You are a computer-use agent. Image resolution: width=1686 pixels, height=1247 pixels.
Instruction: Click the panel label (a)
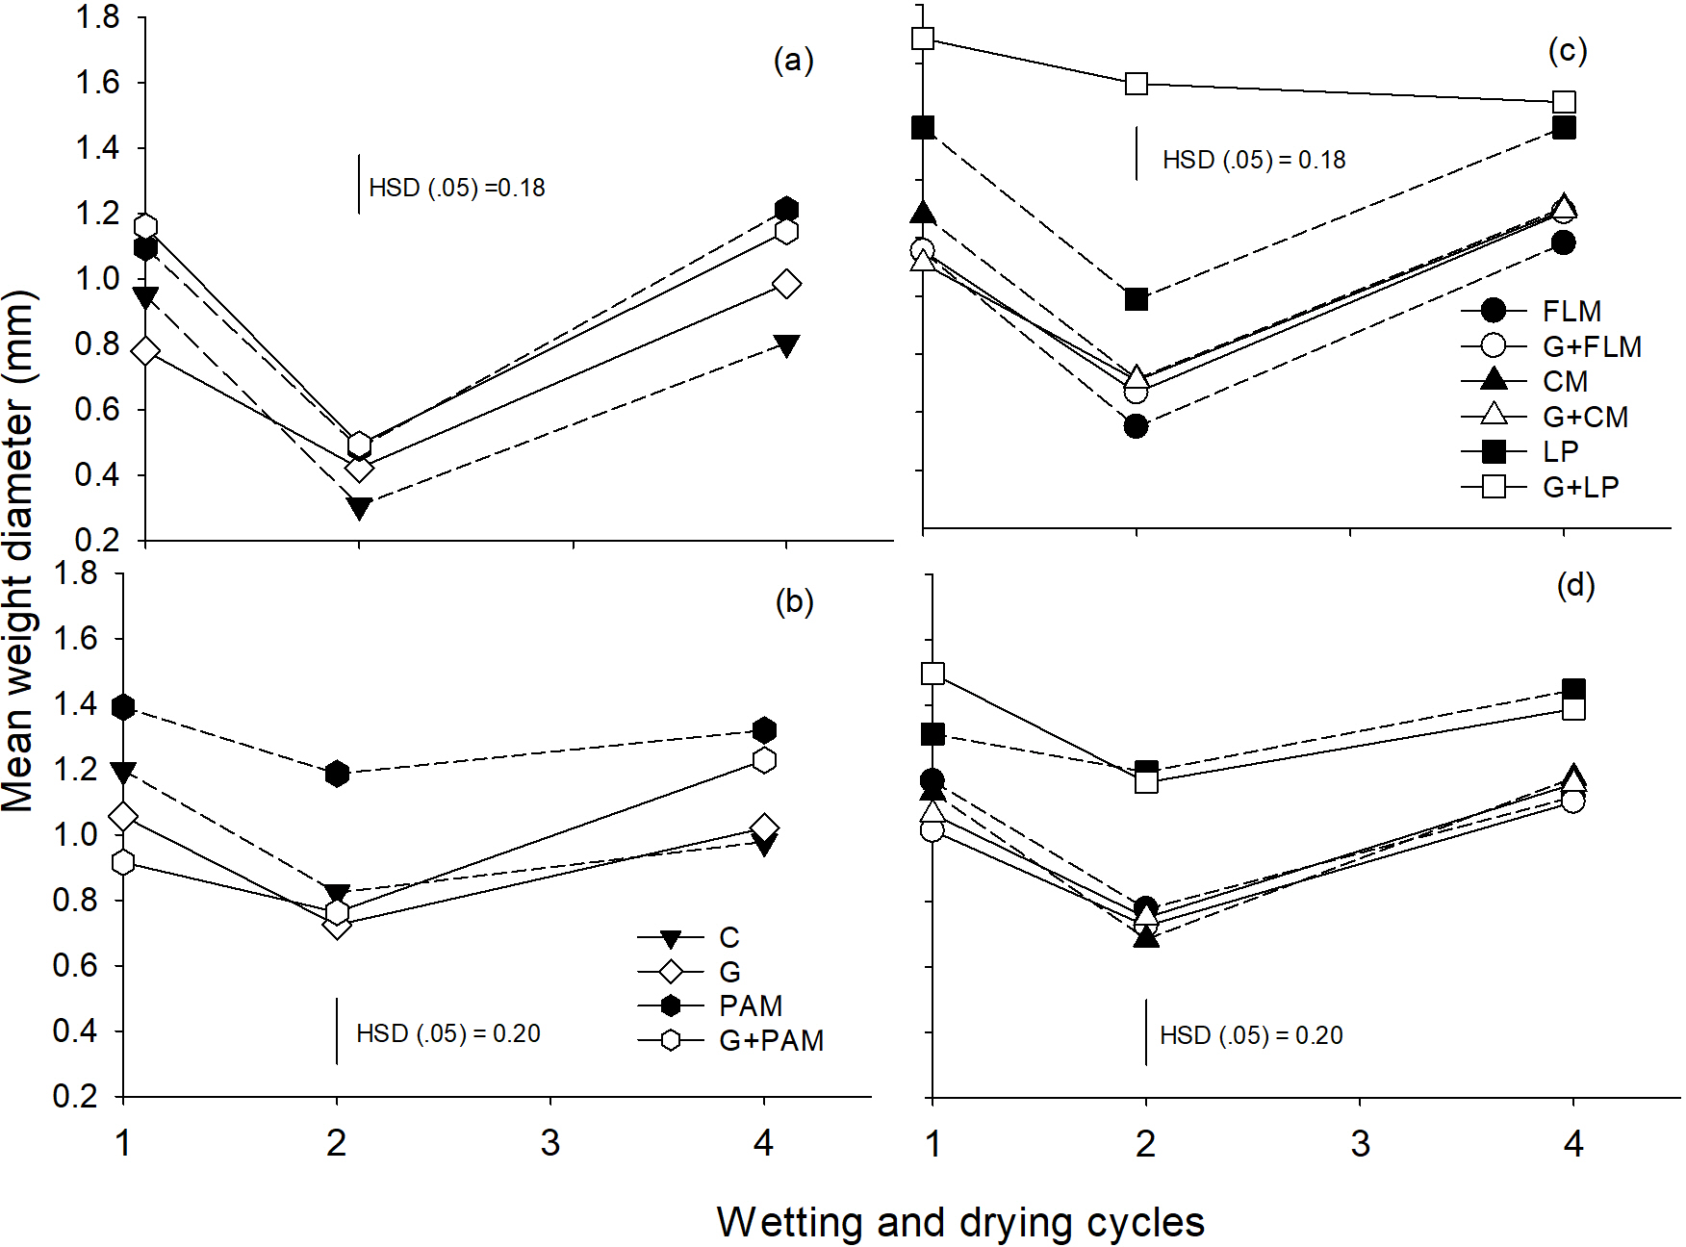(794, 61)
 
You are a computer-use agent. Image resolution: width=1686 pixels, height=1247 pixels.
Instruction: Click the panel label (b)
(794, 601)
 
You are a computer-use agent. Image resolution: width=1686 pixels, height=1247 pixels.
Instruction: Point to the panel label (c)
(1568, 50)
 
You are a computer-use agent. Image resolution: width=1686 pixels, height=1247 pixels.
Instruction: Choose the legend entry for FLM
(1571, 311)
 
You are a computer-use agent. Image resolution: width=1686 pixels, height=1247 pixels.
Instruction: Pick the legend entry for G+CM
(1585, 417)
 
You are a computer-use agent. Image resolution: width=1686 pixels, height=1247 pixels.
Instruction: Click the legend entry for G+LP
(1580, 487)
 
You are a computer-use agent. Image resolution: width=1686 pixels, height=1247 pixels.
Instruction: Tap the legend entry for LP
(1560, 451)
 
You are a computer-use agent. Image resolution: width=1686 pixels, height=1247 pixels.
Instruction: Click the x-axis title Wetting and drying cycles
(960, 1222)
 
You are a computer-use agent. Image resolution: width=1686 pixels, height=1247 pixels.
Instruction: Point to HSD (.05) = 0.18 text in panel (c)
(1254, 160)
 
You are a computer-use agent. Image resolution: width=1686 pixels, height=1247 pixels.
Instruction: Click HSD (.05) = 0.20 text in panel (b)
(448, 1033)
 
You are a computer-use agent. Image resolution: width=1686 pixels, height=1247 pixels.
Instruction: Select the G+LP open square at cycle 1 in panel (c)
(923, 38)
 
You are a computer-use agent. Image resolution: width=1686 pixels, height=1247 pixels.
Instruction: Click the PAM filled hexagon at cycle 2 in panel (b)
(337, 774)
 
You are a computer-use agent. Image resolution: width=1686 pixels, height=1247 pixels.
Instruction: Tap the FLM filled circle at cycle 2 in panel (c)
(1136, 425)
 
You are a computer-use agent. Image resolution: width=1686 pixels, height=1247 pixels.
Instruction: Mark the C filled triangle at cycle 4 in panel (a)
(786, 345)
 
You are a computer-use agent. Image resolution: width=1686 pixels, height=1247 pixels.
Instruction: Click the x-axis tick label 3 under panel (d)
(1360, 1143)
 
